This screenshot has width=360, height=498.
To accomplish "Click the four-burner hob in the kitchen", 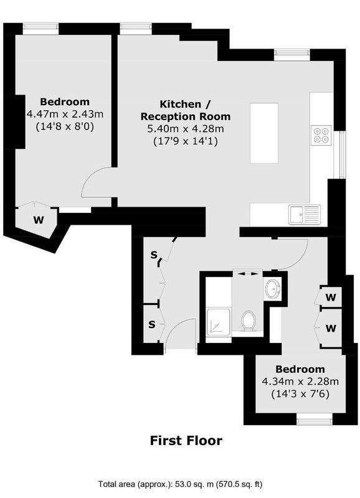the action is tap(321, 135).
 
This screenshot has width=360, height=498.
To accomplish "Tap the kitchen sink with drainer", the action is tap(305, 214).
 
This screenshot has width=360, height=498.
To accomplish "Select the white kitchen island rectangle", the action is tap(264, 133).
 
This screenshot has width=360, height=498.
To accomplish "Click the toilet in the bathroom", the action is tap(248, 321).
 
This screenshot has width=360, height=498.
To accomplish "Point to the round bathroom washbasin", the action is tap(272, 289).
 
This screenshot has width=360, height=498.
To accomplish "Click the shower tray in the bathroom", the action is tap(218, 321).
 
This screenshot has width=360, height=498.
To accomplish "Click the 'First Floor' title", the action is tap(186, 441).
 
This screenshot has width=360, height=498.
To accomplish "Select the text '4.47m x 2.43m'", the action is tap(65, 114).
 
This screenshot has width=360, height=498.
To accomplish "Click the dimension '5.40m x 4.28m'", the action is tap(186, 129).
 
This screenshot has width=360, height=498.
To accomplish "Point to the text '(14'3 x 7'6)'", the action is tap(300, 394).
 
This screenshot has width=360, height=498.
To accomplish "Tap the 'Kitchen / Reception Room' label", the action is tap(186, 110).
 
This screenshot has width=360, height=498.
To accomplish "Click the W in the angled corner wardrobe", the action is tap(39, 220).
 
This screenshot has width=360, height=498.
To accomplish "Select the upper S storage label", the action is tap(154, 255).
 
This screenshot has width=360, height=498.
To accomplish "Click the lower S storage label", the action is tap(152, 324).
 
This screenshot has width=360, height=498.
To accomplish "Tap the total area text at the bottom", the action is tap(180, 484).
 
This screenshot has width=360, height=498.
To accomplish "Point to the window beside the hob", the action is tap(342, 154).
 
